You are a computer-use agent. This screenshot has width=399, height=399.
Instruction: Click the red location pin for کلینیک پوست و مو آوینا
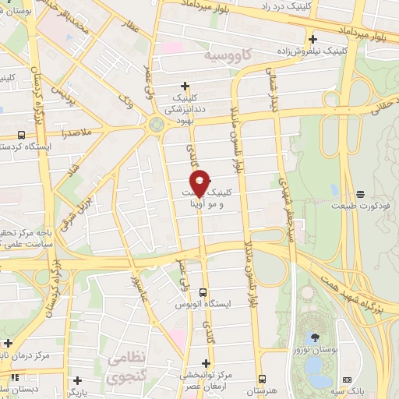pos(200,182)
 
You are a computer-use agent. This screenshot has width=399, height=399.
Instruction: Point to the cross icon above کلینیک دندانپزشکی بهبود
pos(185,86)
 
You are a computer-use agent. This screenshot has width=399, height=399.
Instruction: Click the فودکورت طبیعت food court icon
pos(360,194)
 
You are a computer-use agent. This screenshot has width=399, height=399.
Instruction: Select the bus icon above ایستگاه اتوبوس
pos(203,293)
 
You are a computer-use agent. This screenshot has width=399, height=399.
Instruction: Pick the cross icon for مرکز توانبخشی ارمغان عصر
pos(206,363)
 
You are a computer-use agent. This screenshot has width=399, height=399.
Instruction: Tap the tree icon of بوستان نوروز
pos(315,337)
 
